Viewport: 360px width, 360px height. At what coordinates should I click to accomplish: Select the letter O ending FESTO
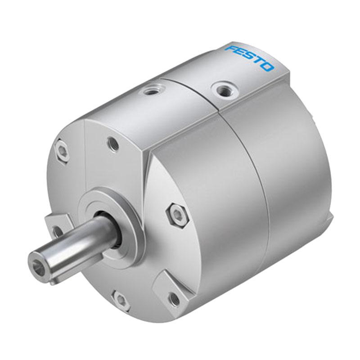coord(268,67)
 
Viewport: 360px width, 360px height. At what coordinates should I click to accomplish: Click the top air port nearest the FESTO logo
coord(220,88)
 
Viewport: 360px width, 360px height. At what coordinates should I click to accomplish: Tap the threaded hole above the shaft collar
coord(113,144)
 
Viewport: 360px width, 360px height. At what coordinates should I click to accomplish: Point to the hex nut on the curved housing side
coord(177,215)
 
